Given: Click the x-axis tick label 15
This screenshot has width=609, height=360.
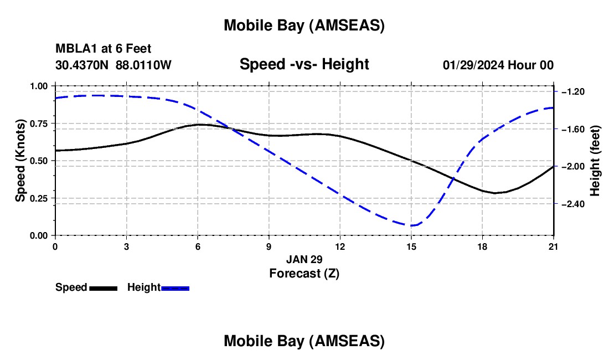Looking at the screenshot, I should tap(411, 246).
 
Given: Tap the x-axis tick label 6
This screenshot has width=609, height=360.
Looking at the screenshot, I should tap(198, 246).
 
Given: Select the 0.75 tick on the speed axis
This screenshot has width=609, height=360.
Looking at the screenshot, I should tap(40, 124).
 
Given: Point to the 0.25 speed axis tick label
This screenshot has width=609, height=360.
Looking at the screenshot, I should tap(40, 198).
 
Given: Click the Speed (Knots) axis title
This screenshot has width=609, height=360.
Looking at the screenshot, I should tap(20, 161).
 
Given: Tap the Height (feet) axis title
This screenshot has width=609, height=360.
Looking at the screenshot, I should tap(595, 161).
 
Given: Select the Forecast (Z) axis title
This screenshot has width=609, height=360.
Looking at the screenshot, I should tap(304, 273).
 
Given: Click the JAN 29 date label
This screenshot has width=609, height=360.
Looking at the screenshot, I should tap(304, 259).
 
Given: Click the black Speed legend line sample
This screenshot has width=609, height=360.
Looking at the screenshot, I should tap(104, 288).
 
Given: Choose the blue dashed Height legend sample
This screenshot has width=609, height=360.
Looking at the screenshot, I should tap(175, 288).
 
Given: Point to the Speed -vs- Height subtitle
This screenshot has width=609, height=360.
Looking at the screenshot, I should tap(304, 64).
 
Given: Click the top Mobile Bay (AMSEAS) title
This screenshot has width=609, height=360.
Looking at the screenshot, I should tap(304, 25).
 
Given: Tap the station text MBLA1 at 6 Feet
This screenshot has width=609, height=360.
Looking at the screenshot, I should tap(103, 49).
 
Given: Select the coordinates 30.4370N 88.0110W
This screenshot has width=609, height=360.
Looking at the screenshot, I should tap(113, 65).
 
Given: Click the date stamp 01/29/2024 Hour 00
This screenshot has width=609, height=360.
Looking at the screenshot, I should tap(498, 65).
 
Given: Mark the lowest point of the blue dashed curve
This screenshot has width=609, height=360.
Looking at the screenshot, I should tap(412, 225).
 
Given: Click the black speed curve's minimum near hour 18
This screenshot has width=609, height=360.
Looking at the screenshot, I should tap(496, 193).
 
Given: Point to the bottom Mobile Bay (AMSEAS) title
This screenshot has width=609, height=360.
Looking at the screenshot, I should tap(304, 341).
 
